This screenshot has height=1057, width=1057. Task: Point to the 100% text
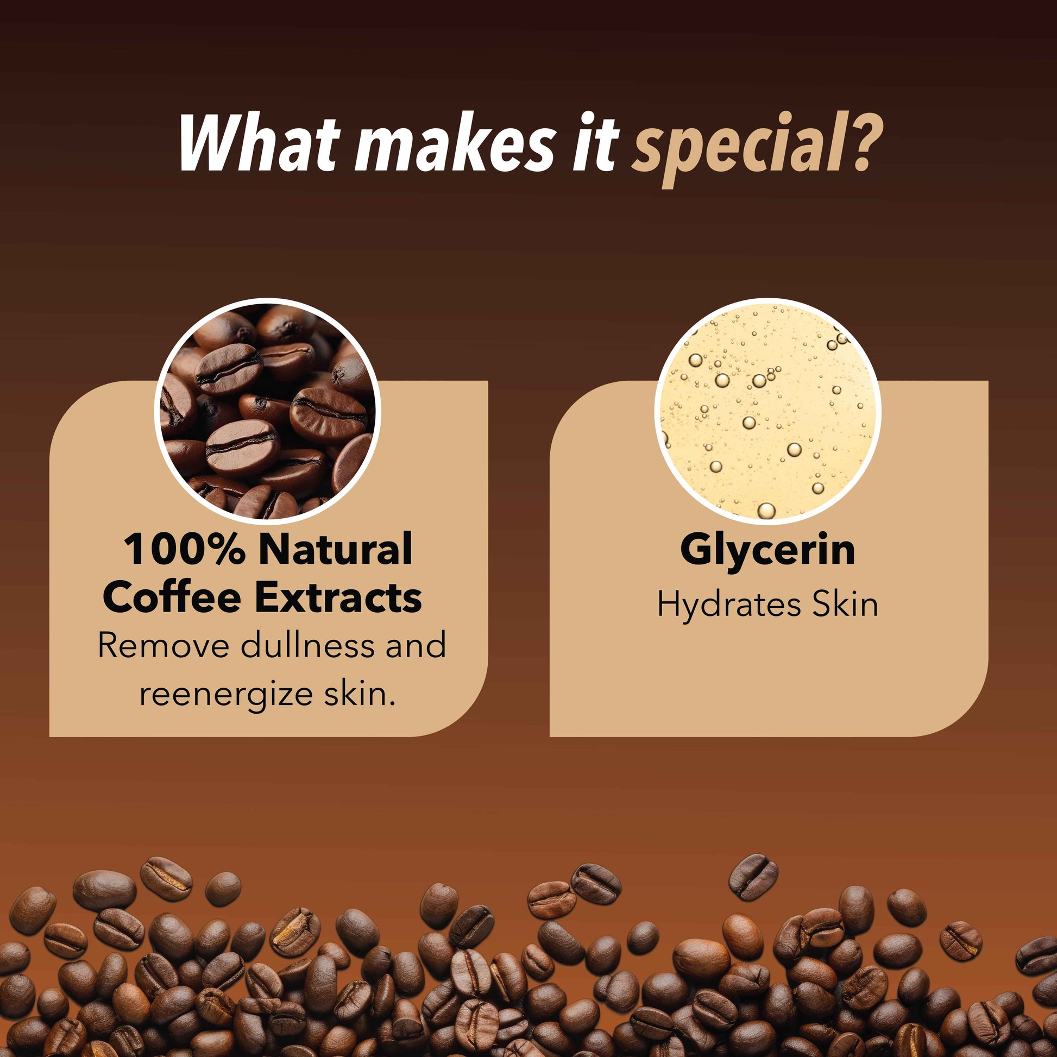pyautogui.click(x=184, y=549)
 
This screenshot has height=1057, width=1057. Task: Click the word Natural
pyautogui.click(x=335, y=549)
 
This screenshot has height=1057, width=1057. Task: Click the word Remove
pyautogui.click(x=163, y=646)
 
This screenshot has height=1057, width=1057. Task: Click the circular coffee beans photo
pyautogui.click(x=268, y=410)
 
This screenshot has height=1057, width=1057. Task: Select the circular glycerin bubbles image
pyautogui.click(x=767, y=410)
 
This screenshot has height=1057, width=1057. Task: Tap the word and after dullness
pyautogui.click(x=416, y=646)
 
